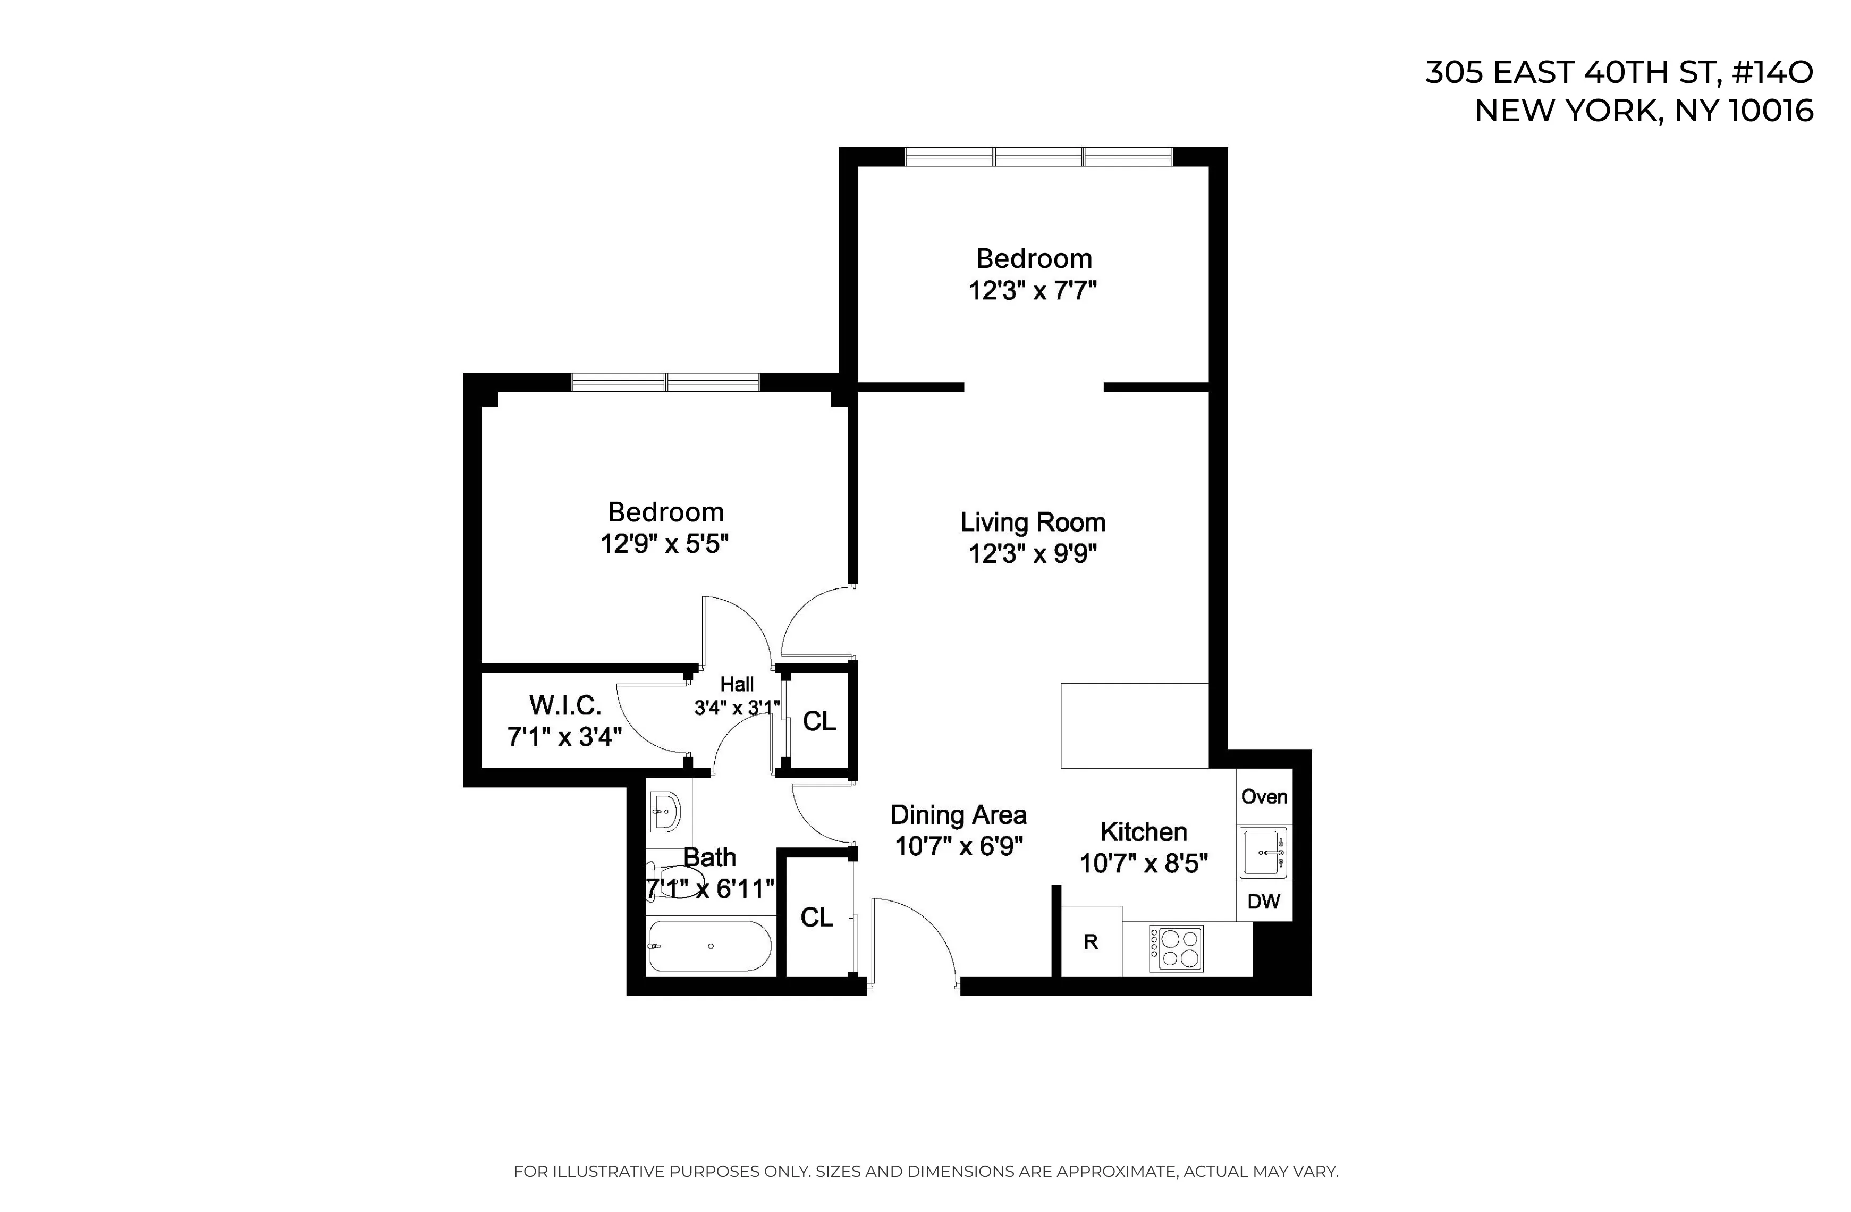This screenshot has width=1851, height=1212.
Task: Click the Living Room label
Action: click(x=1032, y=522)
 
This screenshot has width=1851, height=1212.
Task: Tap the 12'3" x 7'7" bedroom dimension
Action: click(x=1032, y=291)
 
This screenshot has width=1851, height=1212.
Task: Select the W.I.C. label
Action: click(x=564, y=705)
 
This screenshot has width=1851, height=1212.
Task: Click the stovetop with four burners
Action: click(x=1175, y=949)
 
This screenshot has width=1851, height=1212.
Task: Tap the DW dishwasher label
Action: click(x=1263, y=901)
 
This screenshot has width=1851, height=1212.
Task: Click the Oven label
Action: click(x=1264, y=797)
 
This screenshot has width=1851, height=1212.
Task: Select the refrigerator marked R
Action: click(x=1091, y=942)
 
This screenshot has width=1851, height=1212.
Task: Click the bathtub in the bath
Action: click(x=709, y=946)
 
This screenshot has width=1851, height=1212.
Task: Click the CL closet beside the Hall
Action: click(x=819, y=721)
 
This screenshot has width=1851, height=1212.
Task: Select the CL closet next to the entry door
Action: click(x=817, y=917)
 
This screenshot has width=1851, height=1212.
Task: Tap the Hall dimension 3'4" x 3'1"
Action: click(x=737, y=708)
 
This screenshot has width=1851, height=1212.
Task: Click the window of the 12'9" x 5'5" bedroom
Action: click(x=665, y=382)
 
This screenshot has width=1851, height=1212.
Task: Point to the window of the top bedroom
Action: click(x=1038, y=156)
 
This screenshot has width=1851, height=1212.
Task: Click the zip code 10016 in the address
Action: click(x=1770, y=111)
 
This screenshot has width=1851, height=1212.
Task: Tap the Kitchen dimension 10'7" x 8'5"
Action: click(x=1143, y=863)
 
